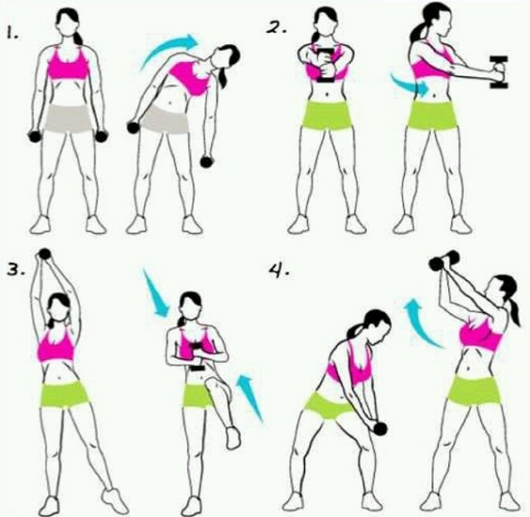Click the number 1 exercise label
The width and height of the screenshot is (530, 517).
point(13,34)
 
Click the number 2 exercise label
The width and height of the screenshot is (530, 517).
point(276,27)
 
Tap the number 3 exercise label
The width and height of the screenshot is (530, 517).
point(16,270)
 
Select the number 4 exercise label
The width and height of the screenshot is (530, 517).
point(279,270)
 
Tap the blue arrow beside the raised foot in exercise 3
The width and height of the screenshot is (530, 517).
point(250,398)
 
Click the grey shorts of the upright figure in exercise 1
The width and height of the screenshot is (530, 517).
point(69,118)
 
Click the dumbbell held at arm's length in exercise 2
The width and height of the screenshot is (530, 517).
point(499,72)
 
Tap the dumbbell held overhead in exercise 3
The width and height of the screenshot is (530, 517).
point(45,254)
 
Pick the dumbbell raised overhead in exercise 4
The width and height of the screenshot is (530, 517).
point(444,260)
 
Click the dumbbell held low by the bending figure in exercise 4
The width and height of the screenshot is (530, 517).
point(379,428)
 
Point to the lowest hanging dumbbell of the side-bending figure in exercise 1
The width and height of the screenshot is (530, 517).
point(206,162)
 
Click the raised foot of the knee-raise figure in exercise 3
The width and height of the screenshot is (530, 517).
point(233,438)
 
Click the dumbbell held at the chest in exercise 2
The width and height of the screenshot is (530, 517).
point(325,66)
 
